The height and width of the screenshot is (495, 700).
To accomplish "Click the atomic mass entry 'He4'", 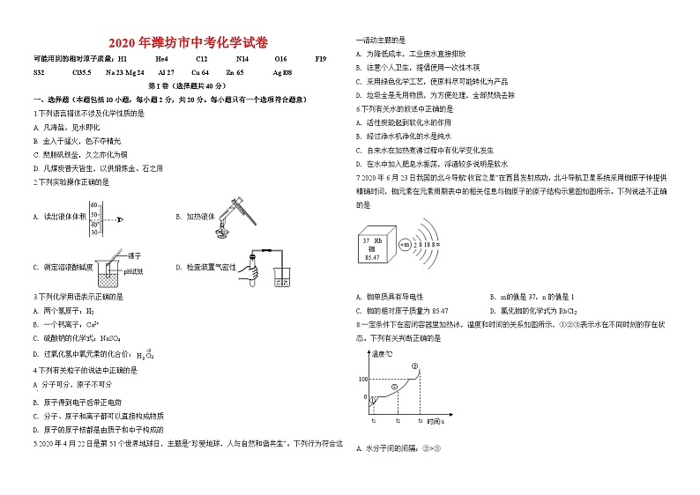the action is click(161, 59).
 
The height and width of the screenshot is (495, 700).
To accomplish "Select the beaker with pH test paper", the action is click(108, 277).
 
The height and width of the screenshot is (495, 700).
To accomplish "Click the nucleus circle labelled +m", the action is click(406, 244).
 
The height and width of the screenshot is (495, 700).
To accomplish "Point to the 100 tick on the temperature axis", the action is click(361, 379).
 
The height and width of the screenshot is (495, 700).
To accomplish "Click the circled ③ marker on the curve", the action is click(414, 366).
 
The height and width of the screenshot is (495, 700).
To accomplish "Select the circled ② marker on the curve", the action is click(395, 386).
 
